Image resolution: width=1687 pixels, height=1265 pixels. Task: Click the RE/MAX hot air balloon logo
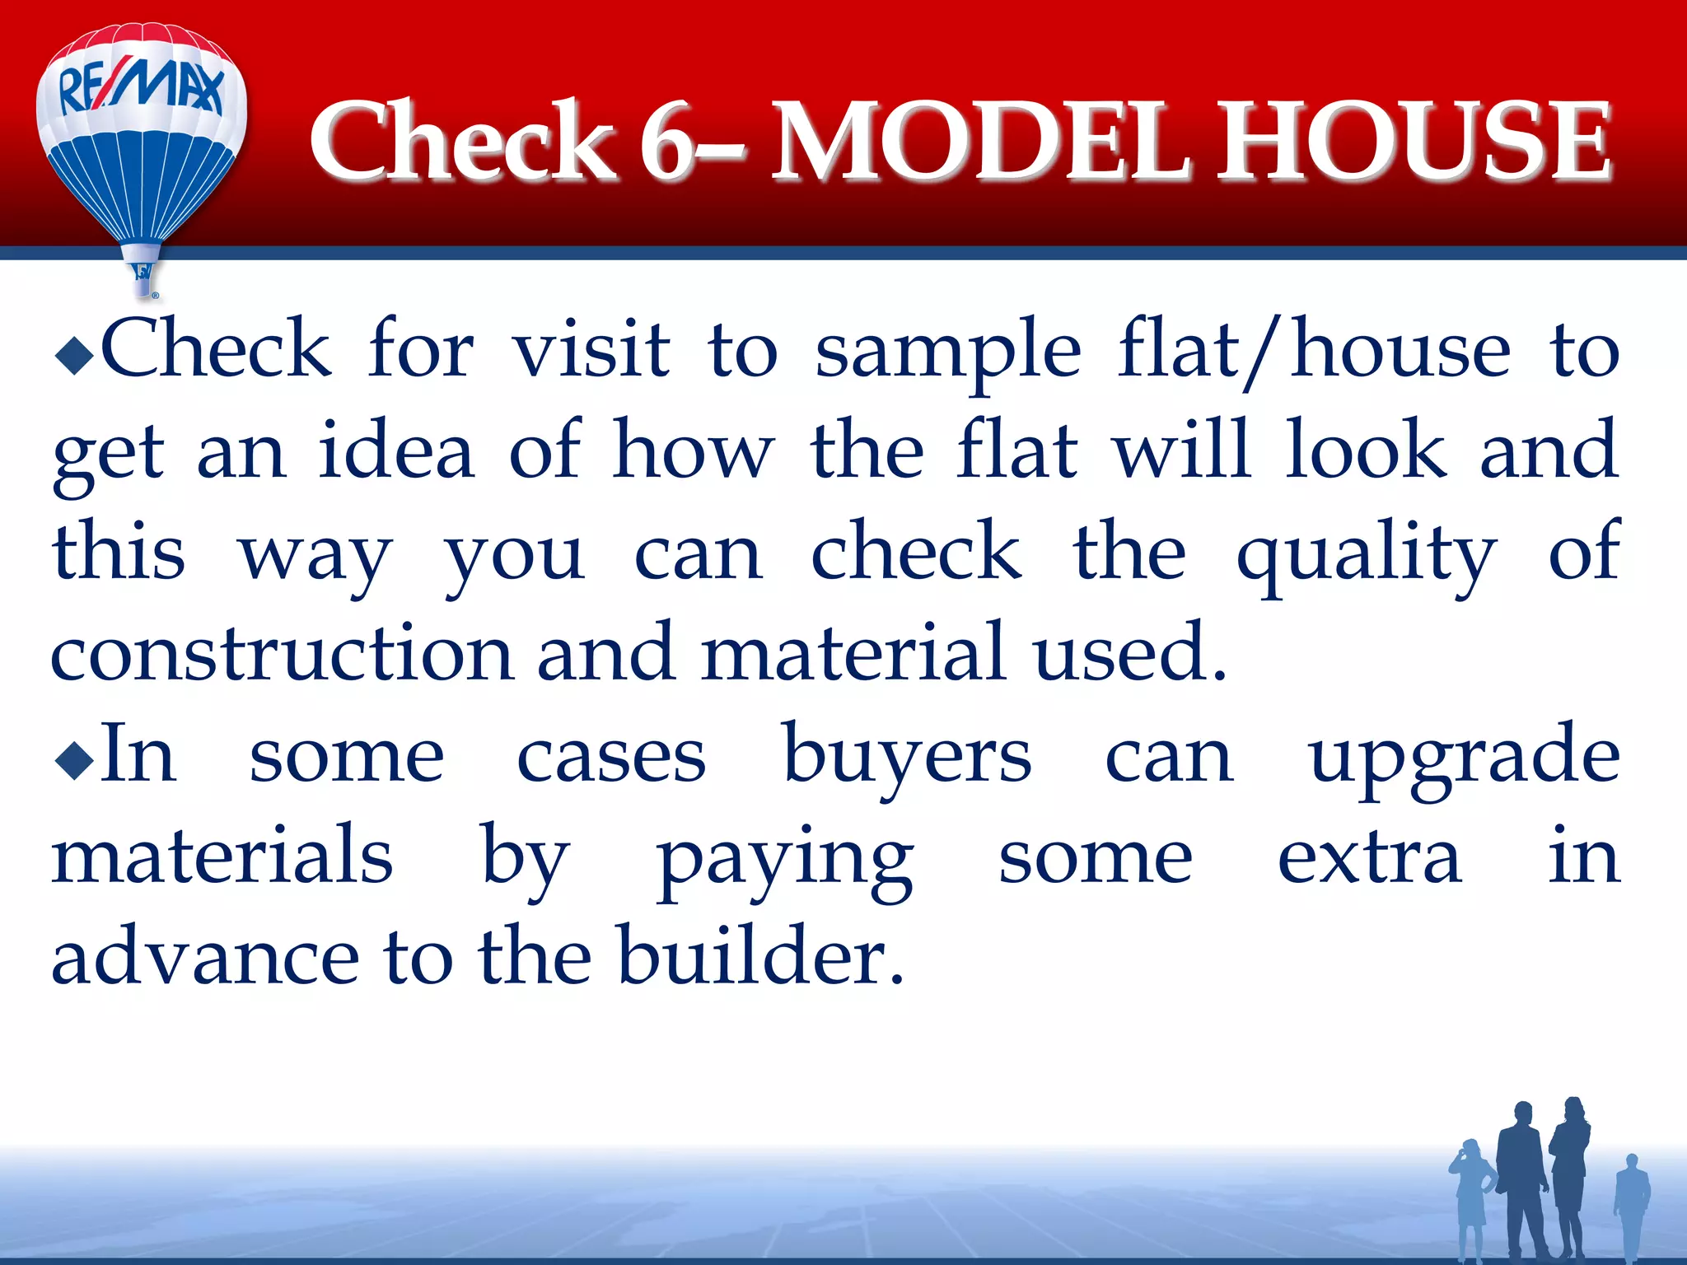point(142,140)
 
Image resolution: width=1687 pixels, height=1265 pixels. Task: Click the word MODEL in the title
point(980,142)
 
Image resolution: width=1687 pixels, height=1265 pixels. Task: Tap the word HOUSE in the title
point(1414,142)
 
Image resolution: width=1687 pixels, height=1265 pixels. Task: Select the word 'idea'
point(396,451)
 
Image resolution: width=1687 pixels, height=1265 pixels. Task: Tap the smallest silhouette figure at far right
point(1631,1207)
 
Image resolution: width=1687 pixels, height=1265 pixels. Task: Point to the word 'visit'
point(591,351)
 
